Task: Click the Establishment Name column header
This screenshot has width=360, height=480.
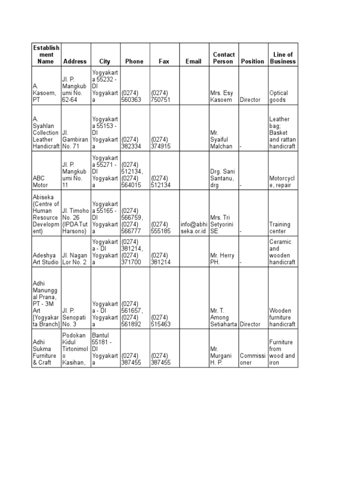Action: pos(46,54)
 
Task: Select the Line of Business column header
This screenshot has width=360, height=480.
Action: pos(283,58)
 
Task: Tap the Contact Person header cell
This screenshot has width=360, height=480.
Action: pos(224,58)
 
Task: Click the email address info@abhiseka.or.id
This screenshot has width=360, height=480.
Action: pos(194,227)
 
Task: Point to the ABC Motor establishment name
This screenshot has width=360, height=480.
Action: pos(41,181)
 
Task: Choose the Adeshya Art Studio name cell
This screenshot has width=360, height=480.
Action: pos(46,259)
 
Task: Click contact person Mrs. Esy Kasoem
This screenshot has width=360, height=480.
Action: pos(221,96)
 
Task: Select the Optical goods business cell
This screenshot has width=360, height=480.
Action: pos(279,96)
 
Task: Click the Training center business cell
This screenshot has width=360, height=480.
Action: pos(280,227)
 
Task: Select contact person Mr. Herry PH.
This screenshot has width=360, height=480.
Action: pos(222,259)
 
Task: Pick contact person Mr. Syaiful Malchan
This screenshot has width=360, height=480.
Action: pos(221,139)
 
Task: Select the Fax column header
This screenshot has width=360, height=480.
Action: pos(164,61)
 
